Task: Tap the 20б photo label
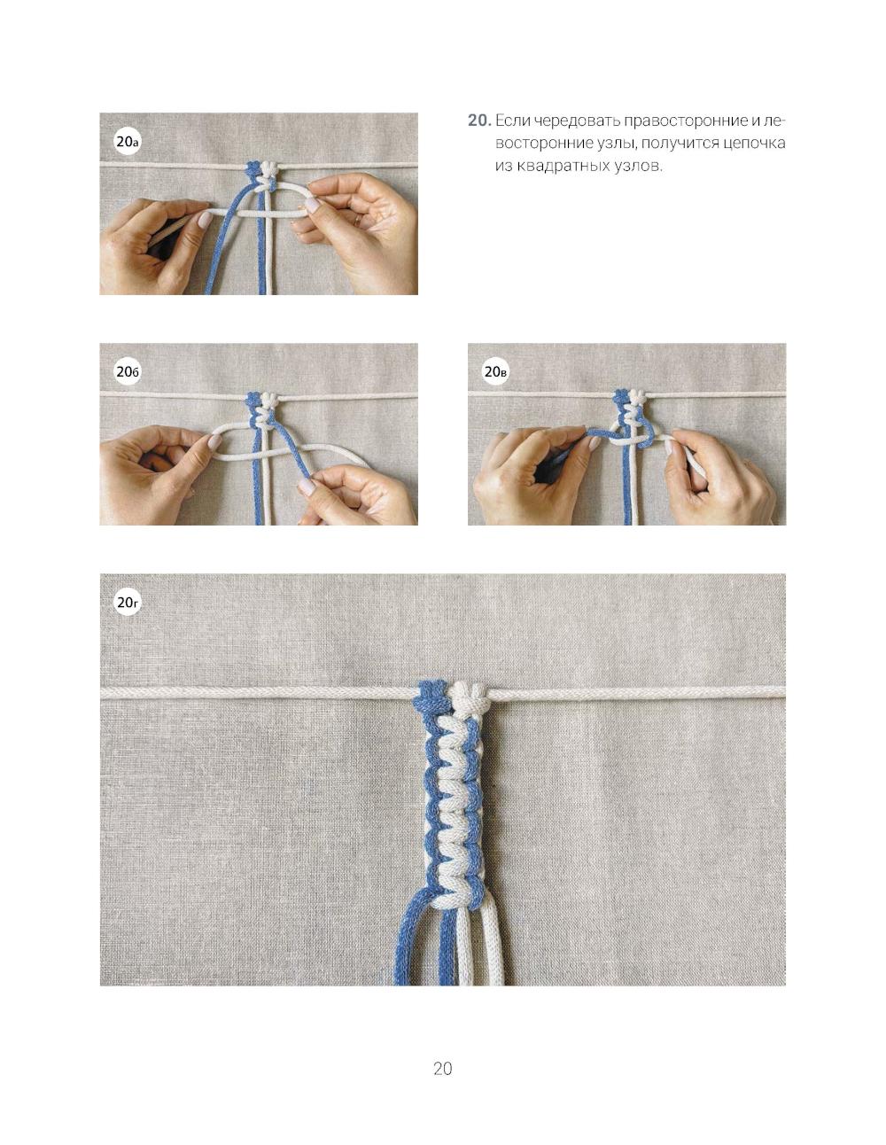[x=128, y=372]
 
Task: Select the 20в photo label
[x=495, y=372]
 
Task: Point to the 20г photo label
[x=128, y=603]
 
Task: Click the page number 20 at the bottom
[x=442, y=1068]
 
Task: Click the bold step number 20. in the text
[x=479, y=121]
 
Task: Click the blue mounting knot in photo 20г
[x=431, y=697]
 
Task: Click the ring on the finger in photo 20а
[x=358, y=221]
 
